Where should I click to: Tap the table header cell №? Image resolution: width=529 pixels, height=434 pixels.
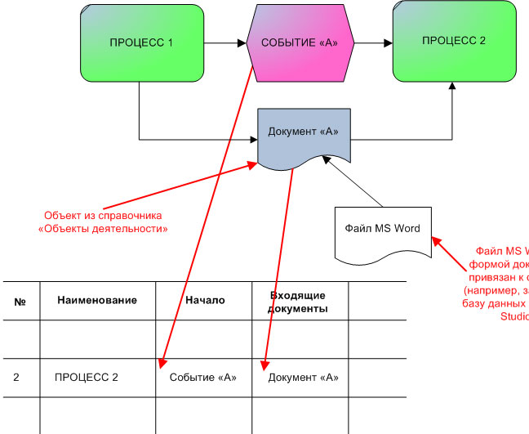click(x=20, y=300)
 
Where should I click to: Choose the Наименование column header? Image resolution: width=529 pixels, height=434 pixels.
click(x=97, y=300)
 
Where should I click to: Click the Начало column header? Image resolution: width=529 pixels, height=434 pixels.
click(x=205, y=300)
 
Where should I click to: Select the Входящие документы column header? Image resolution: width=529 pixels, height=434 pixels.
click(x=299, y=301)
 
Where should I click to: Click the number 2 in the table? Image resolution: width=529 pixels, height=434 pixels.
click(x=16, y=377)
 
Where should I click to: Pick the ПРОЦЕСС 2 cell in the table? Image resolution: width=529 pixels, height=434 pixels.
click(x=87, y=377)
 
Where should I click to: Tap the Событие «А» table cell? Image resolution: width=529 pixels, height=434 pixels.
click(x=203, y=377)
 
